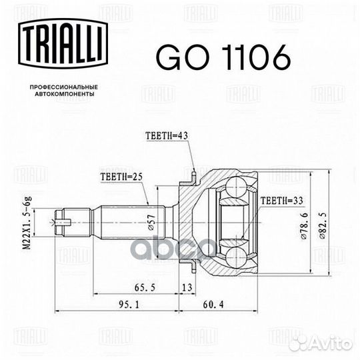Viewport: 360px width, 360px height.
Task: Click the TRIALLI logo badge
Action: coord(63,43)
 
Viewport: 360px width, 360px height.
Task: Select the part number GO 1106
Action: coord(223,57)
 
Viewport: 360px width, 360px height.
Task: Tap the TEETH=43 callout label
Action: coord(167,136)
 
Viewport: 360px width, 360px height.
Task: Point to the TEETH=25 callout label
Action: coord(122,177)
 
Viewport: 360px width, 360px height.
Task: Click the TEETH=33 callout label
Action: coord(282,201)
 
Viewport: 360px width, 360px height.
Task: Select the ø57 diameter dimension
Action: coord(152,222)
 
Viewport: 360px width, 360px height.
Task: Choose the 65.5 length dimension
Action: coord(145,287)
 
